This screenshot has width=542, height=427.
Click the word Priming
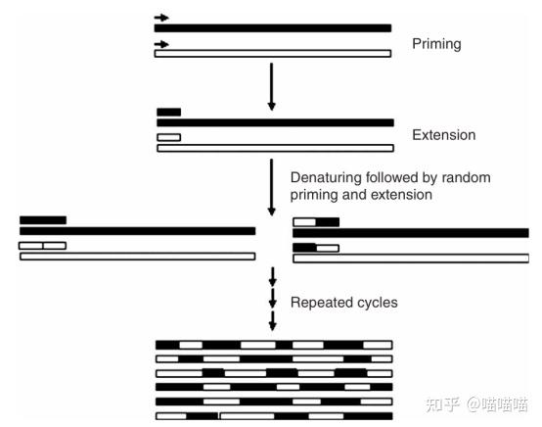[x=437, y=45]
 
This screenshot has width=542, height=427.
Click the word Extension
[x=444, y=135]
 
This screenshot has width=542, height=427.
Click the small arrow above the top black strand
[x=161, y=18]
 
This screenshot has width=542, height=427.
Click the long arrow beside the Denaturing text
[x=272, y=186]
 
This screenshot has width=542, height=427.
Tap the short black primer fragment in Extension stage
[x=168, y=112]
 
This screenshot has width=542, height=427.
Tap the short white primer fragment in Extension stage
[x=168, y=137]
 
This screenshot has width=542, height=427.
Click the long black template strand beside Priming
[x=273, y=28]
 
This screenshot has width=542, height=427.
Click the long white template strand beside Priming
[x=273, y=53]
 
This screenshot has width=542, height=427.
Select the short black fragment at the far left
[x=42, y=220]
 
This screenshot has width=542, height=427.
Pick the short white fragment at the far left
[x=42, y=245]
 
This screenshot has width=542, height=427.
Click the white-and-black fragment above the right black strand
[x=316, y=222]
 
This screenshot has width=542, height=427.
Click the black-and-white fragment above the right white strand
[x=316, y=248]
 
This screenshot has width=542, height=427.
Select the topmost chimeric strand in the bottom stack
[x=274, y=345]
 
